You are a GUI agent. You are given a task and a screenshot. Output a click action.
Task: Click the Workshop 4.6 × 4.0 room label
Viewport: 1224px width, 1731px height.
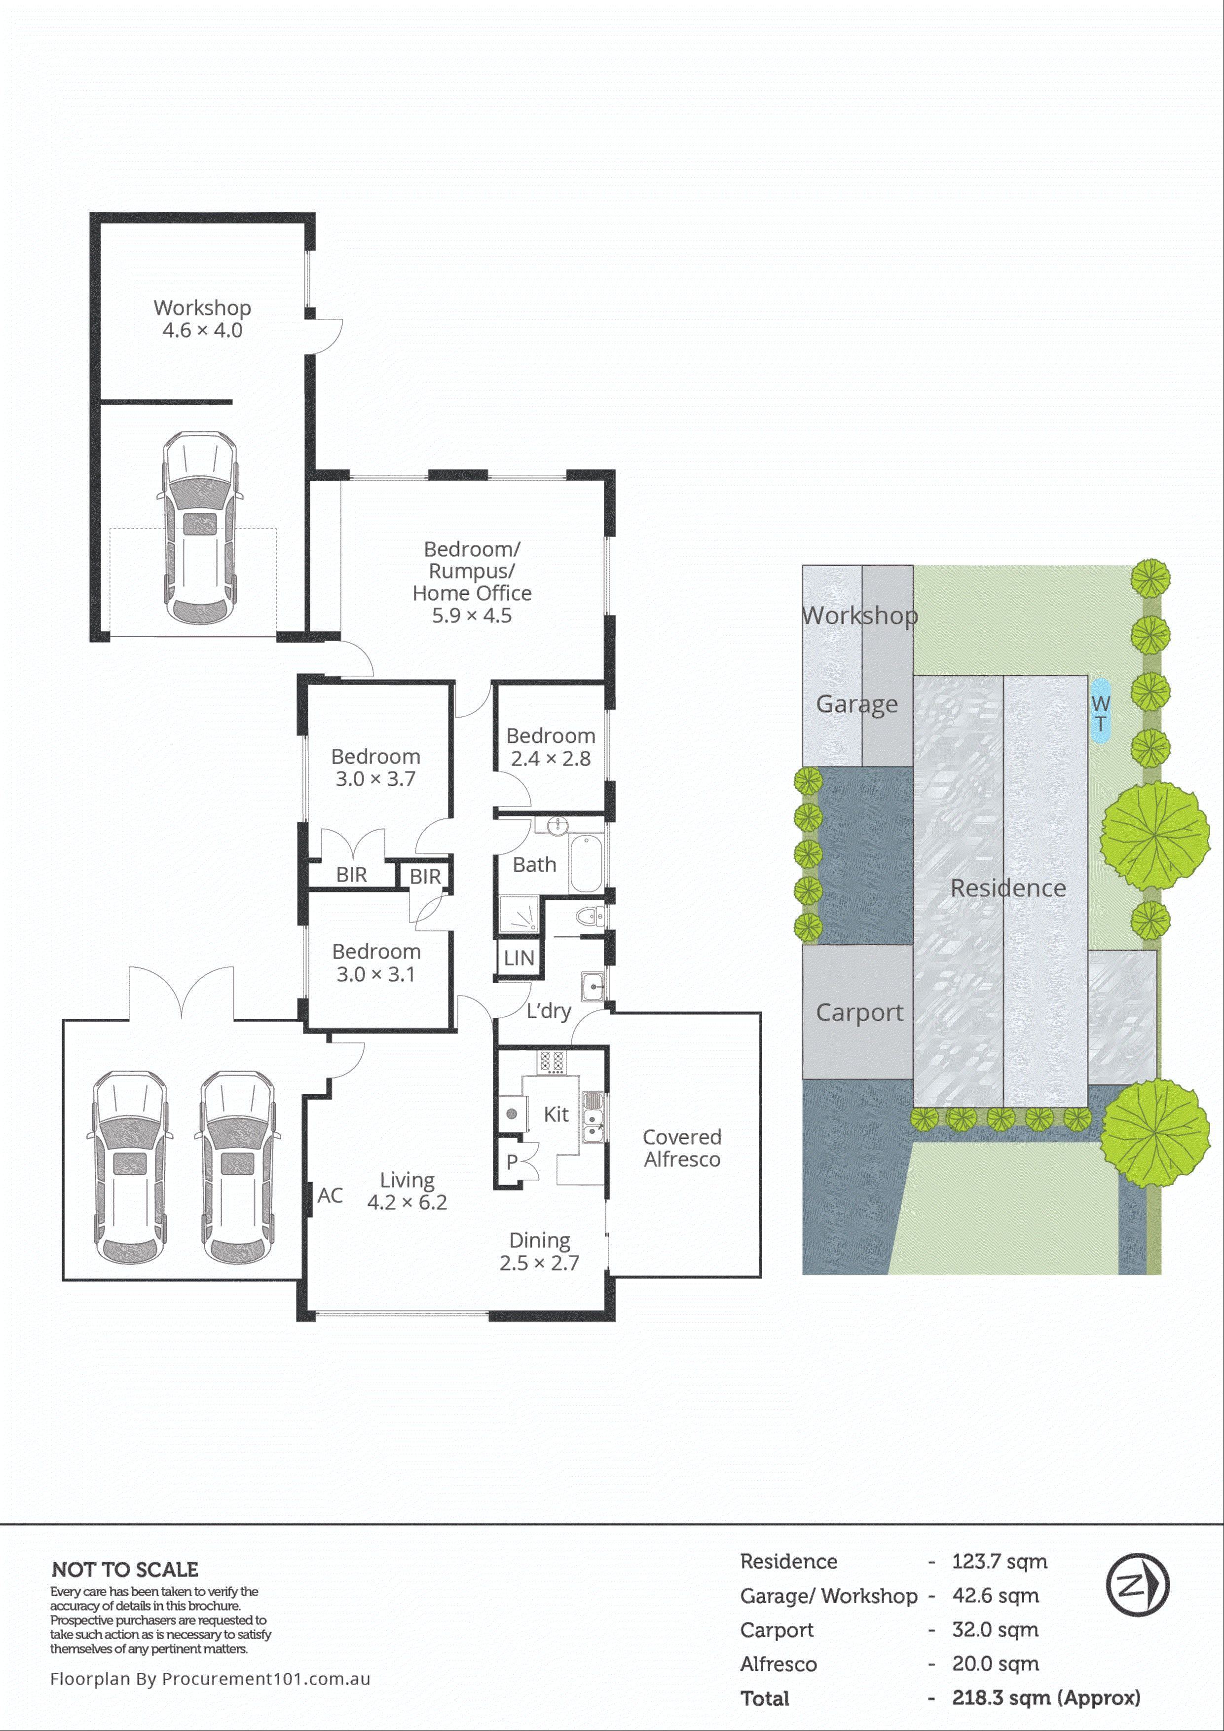click(202, 319)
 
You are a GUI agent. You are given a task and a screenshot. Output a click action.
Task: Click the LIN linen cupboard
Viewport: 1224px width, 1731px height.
click(519, 958)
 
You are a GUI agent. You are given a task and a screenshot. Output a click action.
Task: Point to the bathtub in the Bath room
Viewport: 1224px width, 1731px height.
click(586, 863)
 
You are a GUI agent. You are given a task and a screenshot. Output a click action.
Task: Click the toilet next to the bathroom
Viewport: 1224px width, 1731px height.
click(588, 917)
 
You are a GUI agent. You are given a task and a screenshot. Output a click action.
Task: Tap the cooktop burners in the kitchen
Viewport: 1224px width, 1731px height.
click(551, 1062)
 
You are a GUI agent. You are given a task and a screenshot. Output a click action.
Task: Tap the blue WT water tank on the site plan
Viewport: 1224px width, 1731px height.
click(1100, 711)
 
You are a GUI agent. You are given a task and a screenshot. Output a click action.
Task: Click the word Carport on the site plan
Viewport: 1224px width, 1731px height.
click(859, 1012)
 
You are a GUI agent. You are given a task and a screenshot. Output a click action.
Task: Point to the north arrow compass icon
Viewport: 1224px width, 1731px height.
click(1137, 1585)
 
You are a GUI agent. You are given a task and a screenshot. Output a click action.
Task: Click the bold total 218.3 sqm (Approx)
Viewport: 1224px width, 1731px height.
click(1045, 1698)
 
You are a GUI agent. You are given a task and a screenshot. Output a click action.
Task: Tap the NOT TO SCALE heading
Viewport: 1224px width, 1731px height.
click(125, 1570)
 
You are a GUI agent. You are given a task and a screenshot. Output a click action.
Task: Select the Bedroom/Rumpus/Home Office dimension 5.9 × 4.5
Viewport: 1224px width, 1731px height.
click(471, 616)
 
